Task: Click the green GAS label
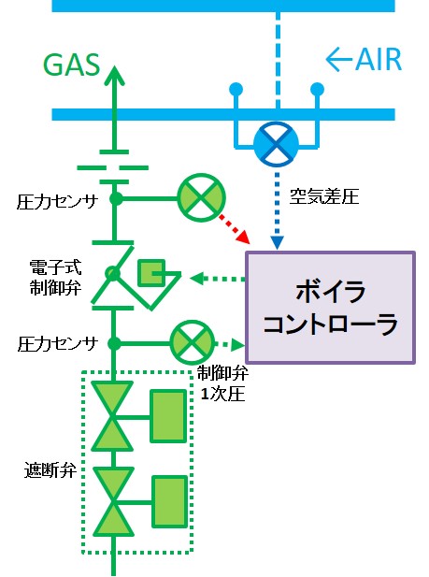[72, 65]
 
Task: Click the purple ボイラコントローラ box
[331, 308]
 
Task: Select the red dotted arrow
[235, 228]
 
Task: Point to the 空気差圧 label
[323, 196]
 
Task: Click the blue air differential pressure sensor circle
[277, 143]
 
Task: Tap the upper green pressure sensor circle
[201, 197]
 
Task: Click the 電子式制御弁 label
[55, 278]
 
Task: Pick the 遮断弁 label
[50, 469]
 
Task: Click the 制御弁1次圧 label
[222, 383]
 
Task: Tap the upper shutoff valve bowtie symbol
[112, 416]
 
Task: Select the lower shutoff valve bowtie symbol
[113, 501]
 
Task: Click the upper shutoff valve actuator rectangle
[168, 416]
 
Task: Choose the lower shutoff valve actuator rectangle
[169, 502]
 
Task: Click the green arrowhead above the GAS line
[114, 76]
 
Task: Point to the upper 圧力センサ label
[57, 202]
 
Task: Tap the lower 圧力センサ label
[58, 344]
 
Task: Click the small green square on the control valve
[151, 273]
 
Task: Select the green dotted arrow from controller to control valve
[217, 279]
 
